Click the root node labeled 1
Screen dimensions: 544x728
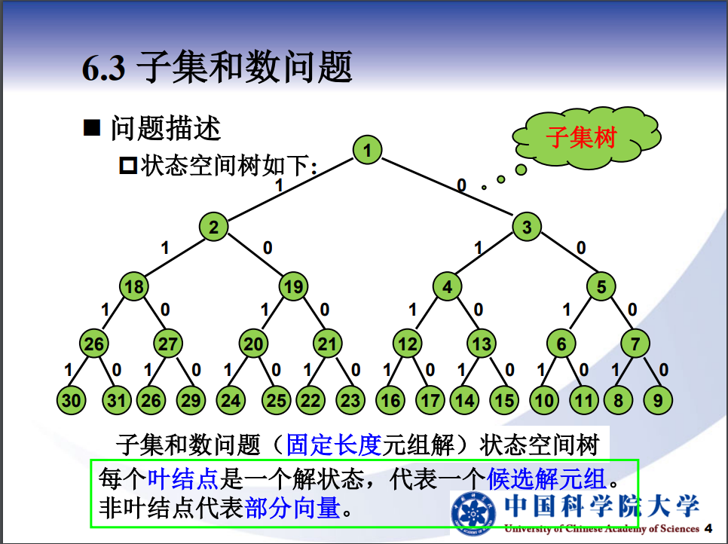(367, 151)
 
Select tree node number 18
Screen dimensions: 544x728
(135, 287)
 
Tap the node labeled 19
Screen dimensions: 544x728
(294, 287)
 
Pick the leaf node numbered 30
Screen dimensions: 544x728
(72, 400)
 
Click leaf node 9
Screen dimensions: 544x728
(658, 400)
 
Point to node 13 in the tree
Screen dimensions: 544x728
(482, 345)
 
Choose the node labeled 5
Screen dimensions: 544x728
(601, 287)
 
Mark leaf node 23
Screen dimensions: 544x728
(350, 400)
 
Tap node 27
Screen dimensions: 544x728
(168, 345)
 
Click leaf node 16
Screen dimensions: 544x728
(390, 400)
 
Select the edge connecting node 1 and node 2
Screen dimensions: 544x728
(290, 189)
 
